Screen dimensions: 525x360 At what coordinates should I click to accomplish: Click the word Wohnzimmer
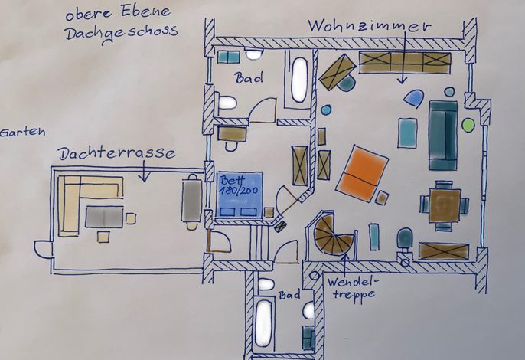[x=369, y=26]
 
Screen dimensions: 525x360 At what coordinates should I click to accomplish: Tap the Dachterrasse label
[x=117, y=153]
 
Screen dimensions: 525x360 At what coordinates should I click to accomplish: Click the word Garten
[x=22, y=132]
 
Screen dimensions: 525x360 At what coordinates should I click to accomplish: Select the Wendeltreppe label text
[x=352, y=288]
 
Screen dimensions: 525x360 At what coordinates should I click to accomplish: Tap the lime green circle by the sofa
[x=468, y=125]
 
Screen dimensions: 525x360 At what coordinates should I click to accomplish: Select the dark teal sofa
[x=443, y=135]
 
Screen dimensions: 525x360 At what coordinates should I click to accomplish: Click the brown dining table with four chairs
[x=445, y=205]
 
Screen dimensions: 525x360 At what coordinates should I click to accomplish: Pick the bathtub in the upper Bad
[x=299, y=79]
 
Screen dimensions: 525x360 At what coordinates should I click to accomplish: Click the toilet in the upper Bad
[x=227, y=102]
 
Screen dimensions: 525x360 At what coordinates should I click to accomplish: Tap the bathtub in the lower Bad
[x=263, y=322]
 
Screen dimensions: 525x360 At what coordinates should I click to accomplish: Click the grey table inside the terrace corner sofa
[x=104, y=218]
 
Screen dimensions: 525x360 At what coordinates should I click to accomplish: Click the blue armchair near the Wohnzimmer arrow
[x=414, y=99]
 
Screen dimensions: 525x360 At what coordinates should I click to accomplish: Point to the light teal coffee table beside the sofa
[x=407, y=133]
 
